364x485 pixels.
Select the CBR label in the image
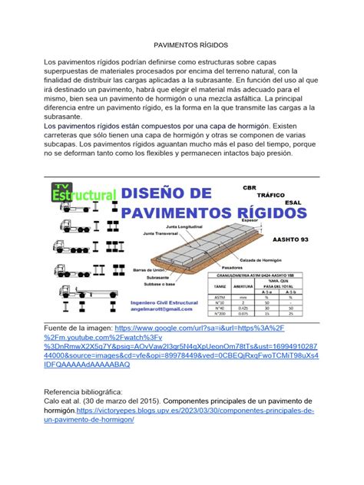270,186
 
